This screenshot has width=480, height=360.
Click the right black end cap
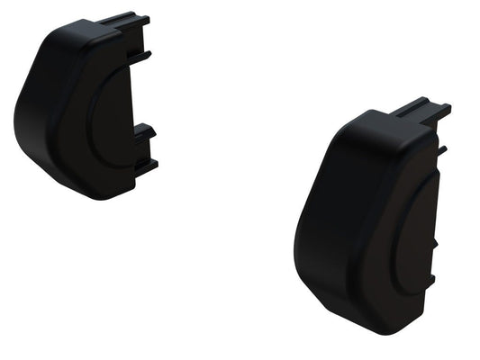(369, 225)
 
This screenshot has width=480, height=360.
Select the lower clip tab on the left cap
(144, 144)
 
